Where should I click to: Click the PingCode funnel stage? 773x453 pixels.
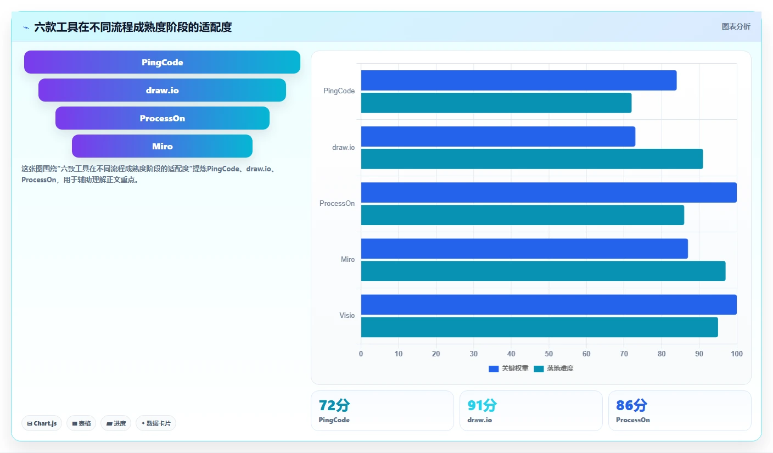coord(162,62)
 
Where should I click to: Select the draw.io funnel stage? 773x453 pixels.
coord(162,90)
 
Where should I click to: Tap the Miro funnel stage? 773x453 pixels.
coord(162,146)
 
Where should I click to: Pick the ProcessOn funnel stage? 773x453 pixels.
coord(162,118)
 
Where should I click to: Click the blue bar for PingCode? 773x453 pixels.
coord(519,81)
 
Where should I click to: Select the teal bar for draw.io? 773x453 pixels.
coord(532,159)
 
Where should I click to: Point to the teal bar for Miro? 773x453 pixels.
coord(543,271)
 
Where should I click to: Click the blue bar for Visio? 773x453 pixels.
coord(548,305)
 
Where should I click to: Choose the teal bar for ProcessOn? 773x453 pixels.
coord(523,215)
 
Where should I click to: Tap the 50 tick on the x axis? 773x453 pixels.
coord(548,354)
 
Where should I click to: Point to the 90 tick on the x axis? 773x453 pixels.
coord(699,354)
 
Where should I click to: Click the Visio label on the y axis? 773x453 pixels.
coord(347,316)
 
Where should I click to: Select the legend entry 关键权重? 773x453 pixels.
coord(508,368)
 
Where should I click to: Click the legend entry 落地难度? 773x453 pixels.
coord(553,368)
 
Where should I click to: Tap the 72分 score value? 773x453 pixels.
coord(334,405)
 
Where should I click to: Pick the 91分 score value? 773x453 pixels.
coord(482,405)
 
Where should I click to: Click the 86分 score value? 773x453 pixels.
coord(631,405)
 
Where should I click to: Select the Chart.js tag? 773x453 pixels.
coord(42,423)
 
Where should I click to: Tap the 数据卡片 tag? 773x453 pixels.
coord(156,423)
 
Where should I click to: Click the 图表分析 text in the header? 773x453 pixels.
coord(736,26)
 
